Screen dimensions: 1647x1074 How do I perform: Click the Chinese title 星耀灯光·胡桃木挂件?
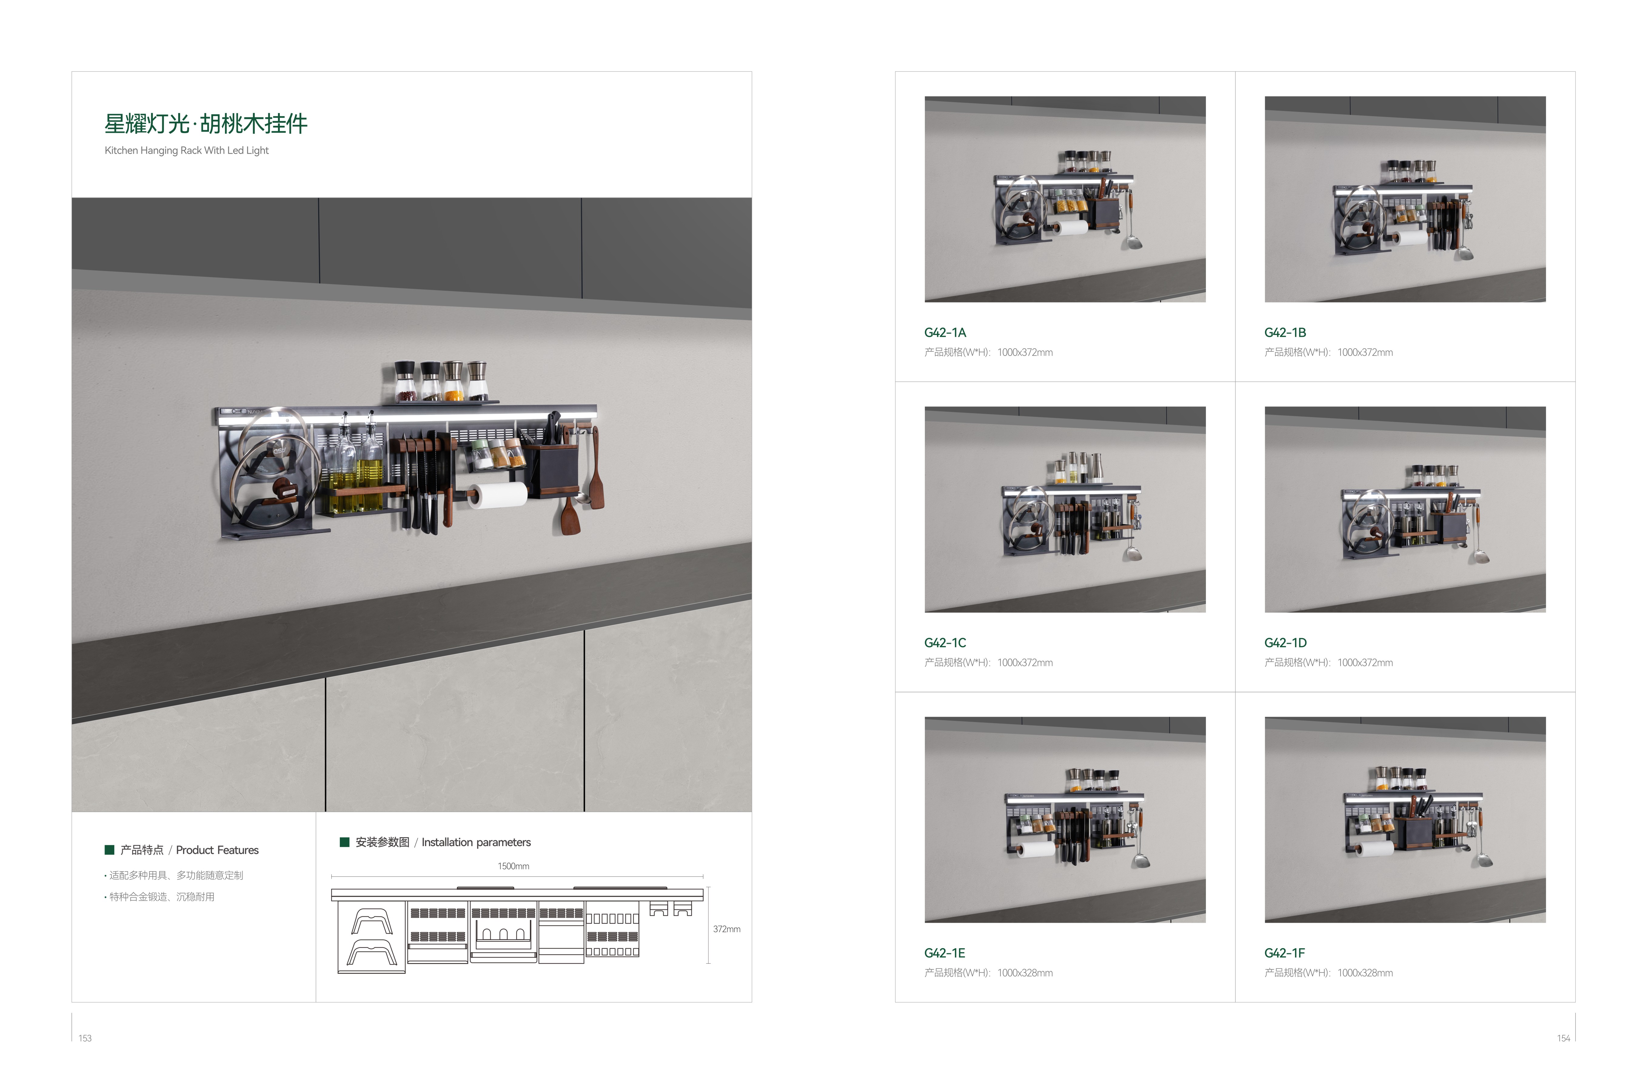click(x=206, y=124)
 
